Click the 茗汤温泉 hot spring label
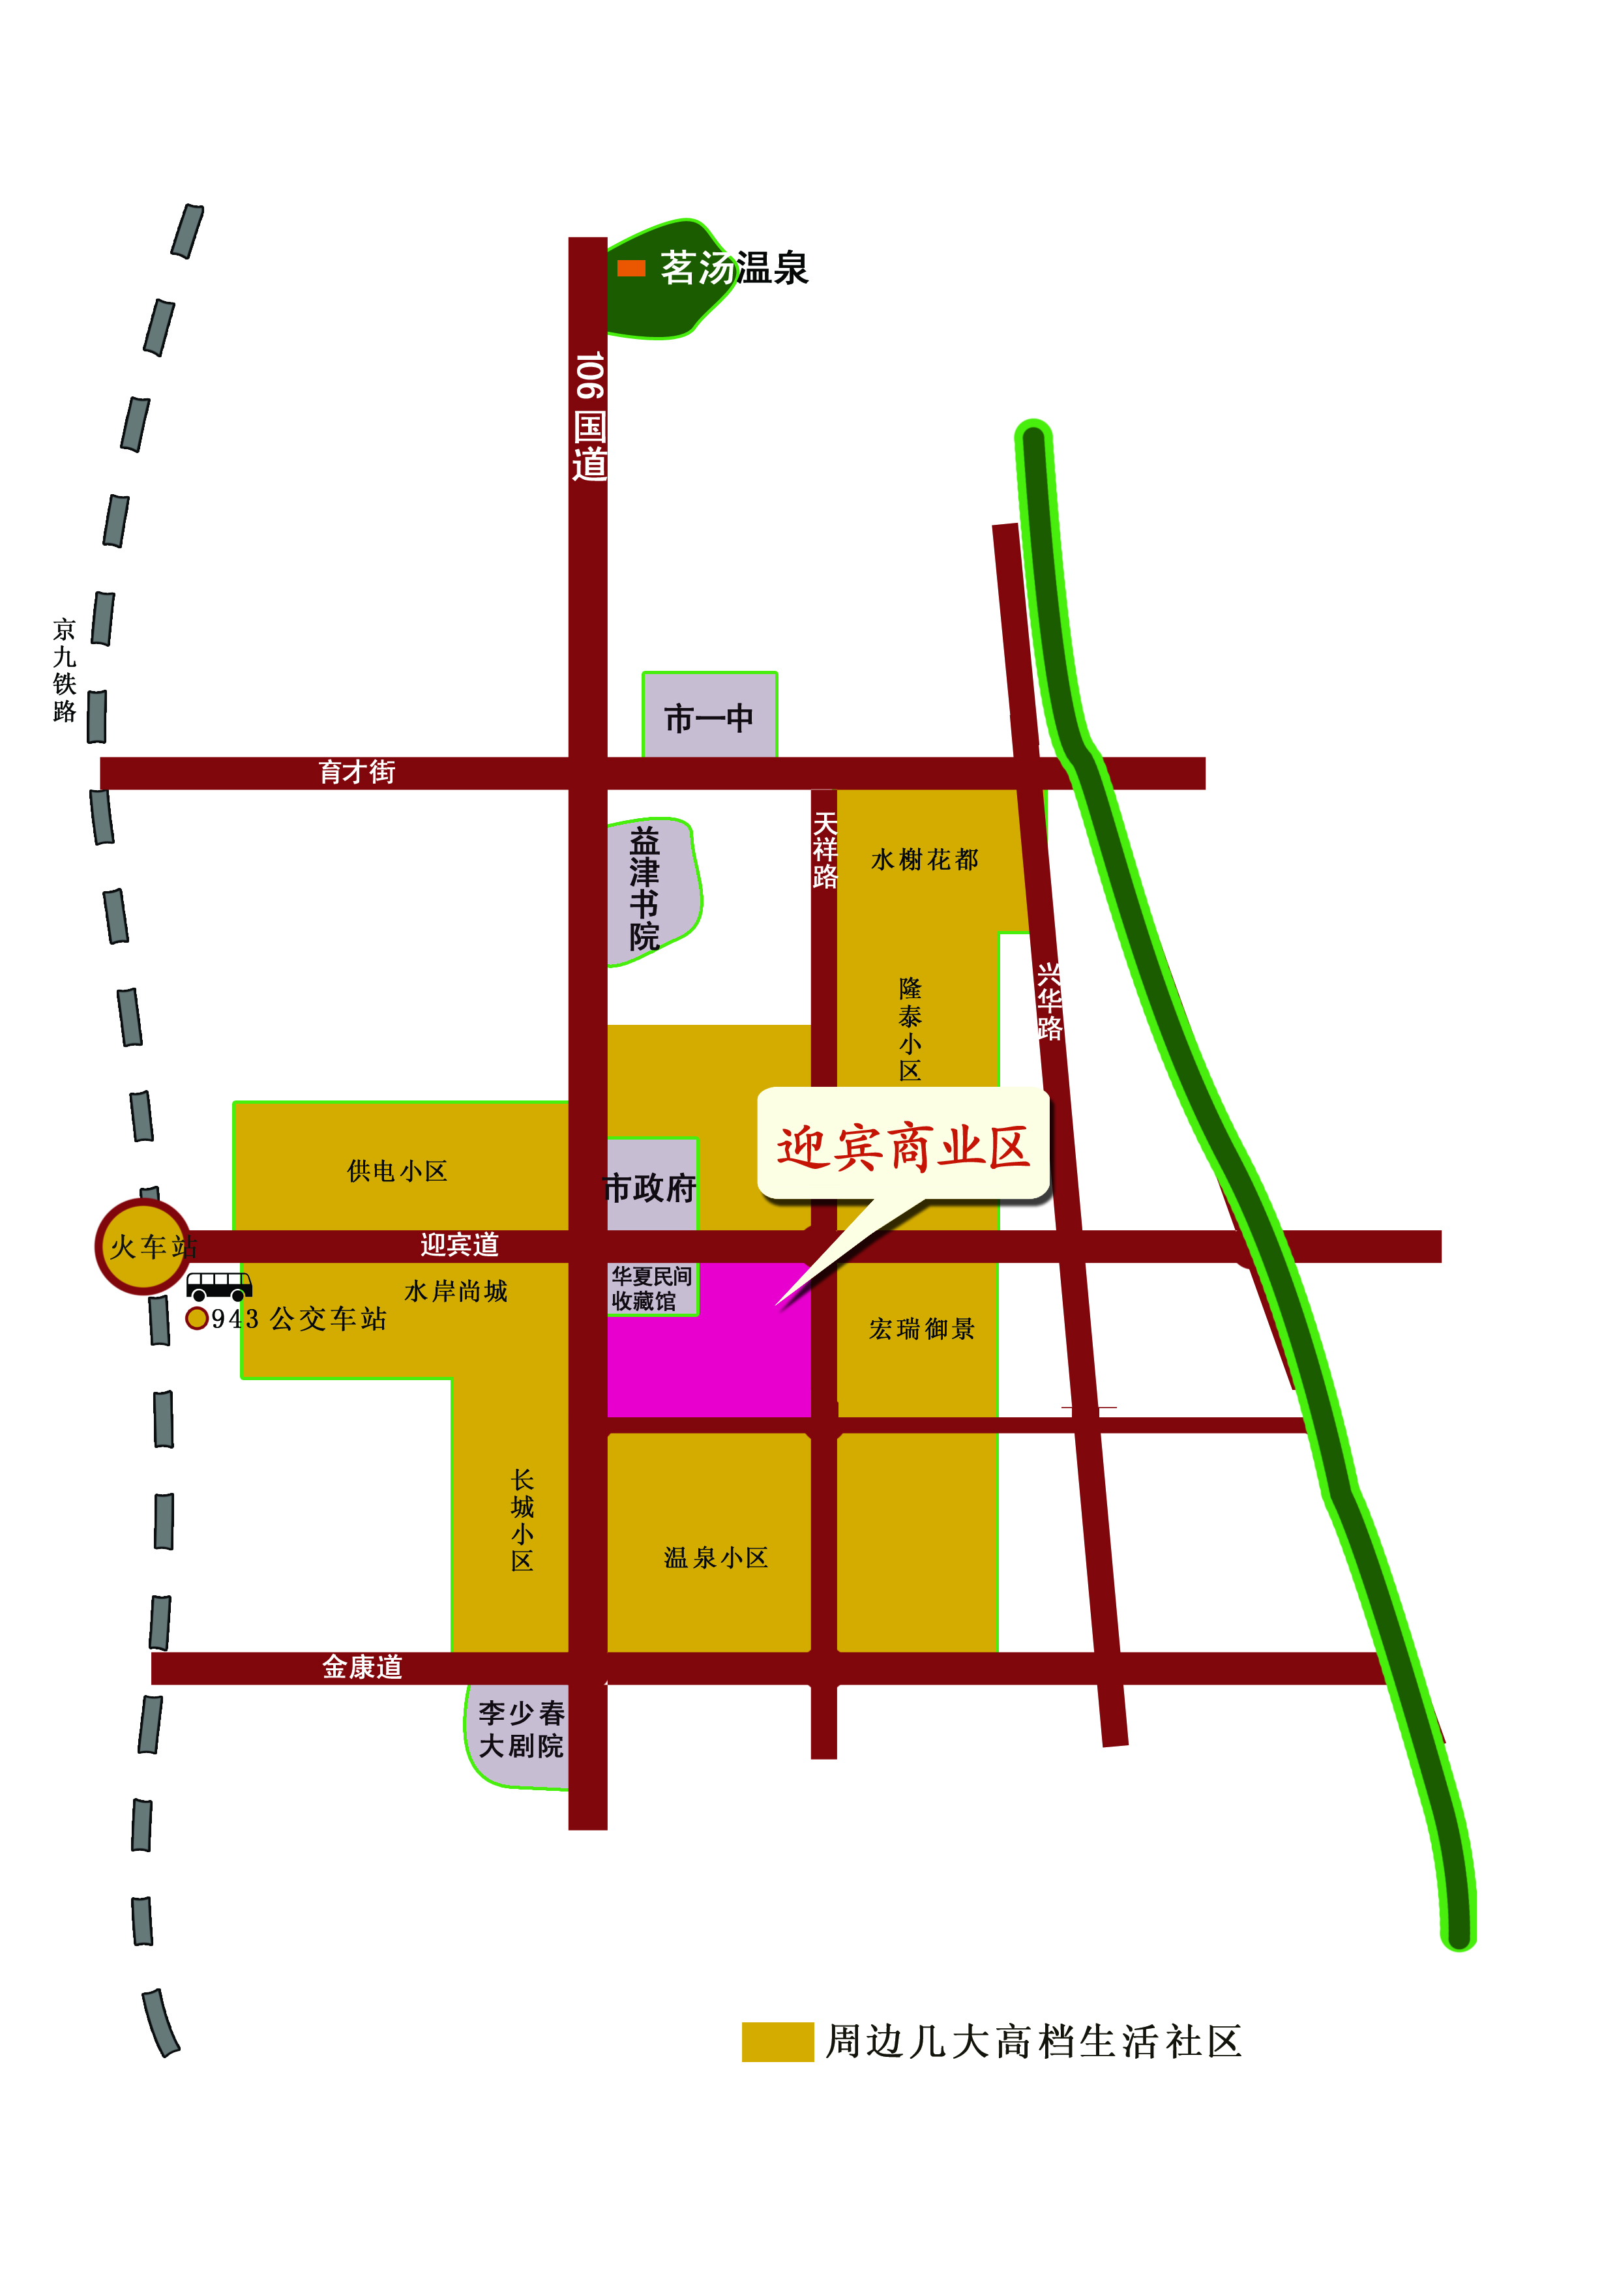pos(734,268)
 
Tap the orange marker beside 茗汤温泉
pos(630,268)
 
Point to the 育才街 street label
pos(357,772)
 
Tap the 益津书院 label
pos(645,889)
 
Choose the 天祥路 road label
pos(825,849)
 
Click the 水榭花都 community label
pos(925,860)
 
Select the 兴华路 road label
pos(1049,1001)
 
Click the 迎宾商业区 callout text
pos(902,1147)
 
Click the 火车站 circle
pos(143,1246)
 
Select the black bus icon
pos(219,1285)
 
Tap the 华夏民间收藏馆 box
pos(651,1289)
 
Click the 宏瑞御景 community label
pos(921,1329)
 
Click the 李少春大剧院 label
pos(521,1729)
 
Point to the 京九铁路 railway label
pos(65,670)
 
